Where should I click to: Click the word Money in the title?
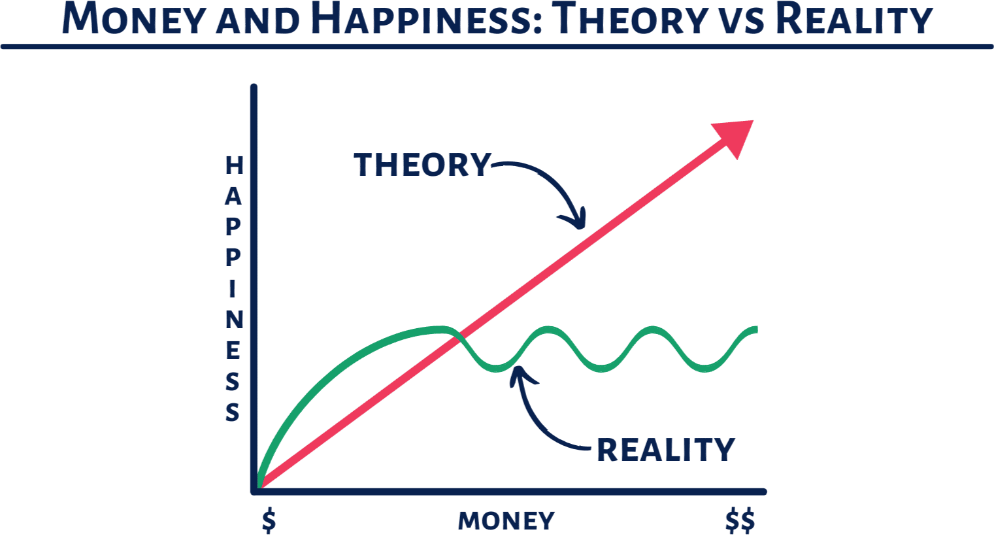click(133, 19)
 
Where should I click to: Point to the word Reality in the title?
click(855, 19)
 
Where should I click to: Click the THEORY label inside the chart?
click(422, 165)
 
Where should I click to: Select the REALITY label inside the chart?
click(666, 450)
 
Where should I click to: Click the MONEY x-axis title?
click(506, 521)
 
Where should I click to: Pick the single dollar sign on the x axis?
click(269, 521)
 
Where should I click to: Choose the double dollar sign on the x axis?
click(740, 521)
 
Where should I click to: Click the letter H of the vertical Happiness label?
click(235, 166)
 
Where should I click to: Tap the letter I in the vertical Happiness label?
click(232, 289)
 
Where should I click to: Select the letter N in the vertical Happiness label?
click(235, 320)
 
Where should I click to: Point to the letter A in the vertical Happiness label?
click(233, 196)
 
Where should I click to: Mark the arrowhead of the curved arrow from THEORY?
click(577, 220)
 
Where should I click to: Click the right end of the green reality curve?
click(756, 329)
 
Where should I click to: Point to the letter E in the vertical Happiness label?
click(233, 350)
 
